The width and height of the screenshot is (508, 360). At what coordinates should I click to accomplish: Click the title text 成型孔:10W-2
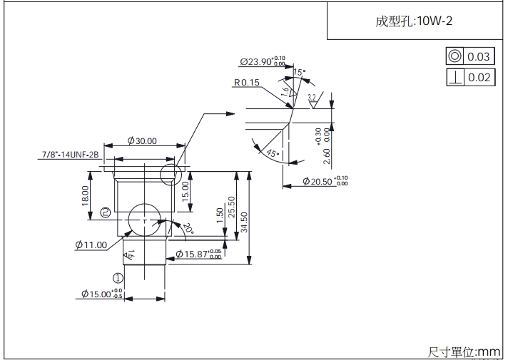[x=414, y=21]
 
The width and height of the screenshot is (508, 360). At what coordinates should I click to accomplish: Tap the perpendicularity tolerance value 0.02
[x=479, y=78]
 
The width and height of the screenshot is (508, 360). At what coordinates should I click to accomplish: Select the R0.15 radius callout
[x=246, y=83]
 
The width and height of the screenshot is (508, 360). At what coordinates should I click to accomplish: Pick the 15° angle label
[x=298, y=72]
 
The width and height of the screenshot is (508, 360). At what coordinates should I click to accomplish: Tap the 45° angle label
[x=271, y=153]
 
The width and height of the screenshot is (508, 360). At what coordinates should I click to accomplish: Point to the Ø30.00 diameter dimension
[x=142, y=141]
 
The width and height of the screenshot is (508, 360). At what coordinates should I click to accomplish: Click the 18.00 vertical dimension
[x=86, y=195]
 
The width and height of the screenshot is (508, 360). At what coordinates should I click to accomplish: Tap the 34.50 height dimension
[x=244, y=222]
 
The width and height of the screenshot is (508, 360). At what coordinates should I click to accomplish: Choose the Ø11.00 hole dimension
[x=91, y=245]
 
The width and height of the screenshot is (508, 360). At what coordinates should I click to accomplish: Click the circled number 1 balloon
[x=118, y=278]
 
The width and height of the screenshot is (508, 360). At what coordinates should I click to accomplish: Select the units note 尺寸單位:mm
[x=464, y=351]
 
